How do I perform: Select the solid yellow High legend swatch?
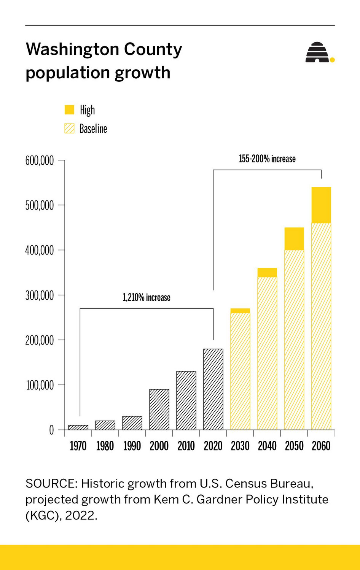[x=69, y=110]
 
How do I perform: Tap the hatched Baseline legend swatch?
[x=69, y=129]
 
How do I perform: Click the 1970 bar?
[x=78, y=427]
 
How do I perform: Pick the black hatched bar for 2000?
[x=159, y=410]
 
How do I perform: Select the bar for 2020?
[x=213, y=389]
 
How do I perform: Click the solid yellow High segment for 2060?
[x=321, y=205]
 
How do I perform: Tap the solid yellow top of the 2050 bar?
[x=294, y=238]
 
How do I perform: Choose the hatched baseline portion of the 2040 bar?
[x=267, y=354]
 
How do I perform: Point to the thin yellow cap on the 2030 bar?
[x=240, y=311]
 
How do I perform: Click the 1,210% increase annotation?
[x=146, y=297]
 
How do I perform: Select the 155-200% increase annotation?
[x=267, y=159]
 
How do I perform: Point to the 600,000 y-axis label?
[x=40, y=161]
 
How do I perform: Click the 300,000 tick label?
[x=40, y=295]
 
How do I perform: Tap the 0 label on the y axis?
[x=51, y=430]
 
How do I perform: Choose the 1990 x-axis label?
[x=132, y=446]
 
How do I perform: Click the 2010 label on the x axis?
[x=186, y=446]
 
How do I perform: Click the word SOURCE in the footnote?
[x=51, y=484]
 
